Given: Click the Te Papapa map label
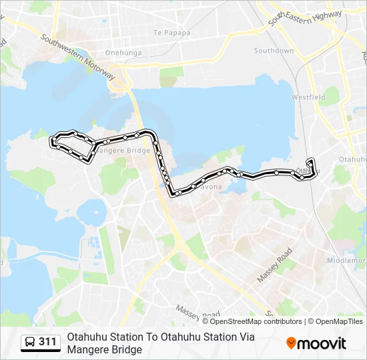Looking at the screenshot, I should coord(171,33).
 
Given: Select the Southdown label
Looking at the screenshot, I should coord(274,51).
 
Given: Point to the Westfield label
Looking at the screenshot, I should coord(308,97).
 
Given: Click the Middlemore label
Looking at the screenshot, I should coord(347,261).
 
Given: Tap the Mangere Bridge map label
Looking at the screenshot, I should coord(122,151).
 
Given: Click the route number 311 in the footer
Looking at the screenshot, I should coord(47,342).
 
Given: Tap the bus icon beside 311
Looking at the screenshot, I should coord(30,343).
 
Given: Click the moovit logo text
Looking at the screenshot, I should coord(322,343).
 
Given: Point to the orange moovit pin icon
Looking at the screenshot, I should coord(291,343).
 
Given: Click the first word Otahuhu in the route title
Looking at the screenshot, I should coord(84,337).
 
